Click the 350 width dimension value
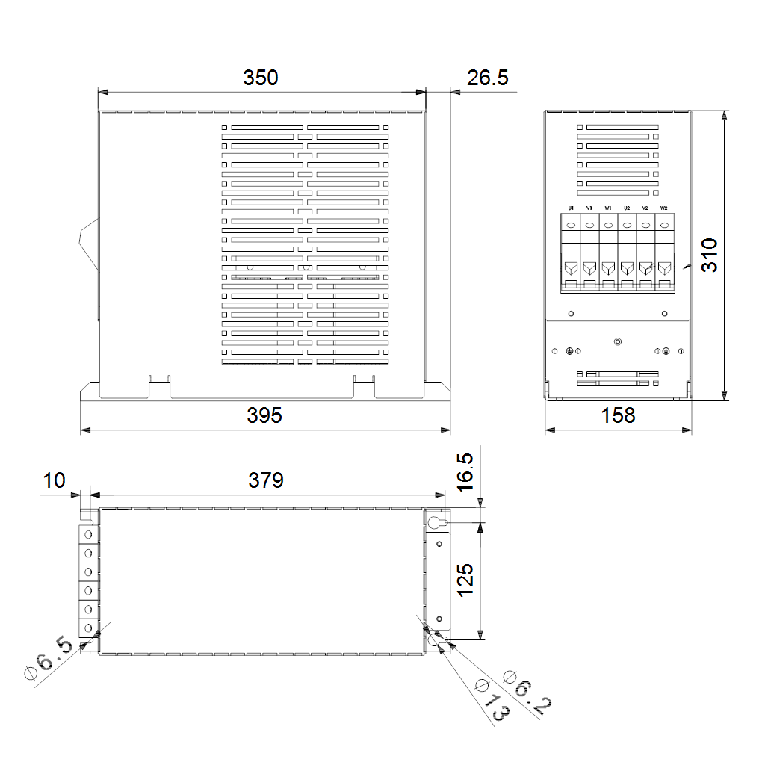261,78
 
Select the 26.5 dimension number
487,78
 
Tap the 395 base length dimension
264,415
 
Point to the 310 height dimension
710,255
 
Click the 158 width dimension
618,415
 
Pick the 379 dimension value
266,480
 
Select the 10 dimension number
54,480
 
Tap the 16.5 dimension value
465,472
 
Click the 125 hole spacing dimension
465,580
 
